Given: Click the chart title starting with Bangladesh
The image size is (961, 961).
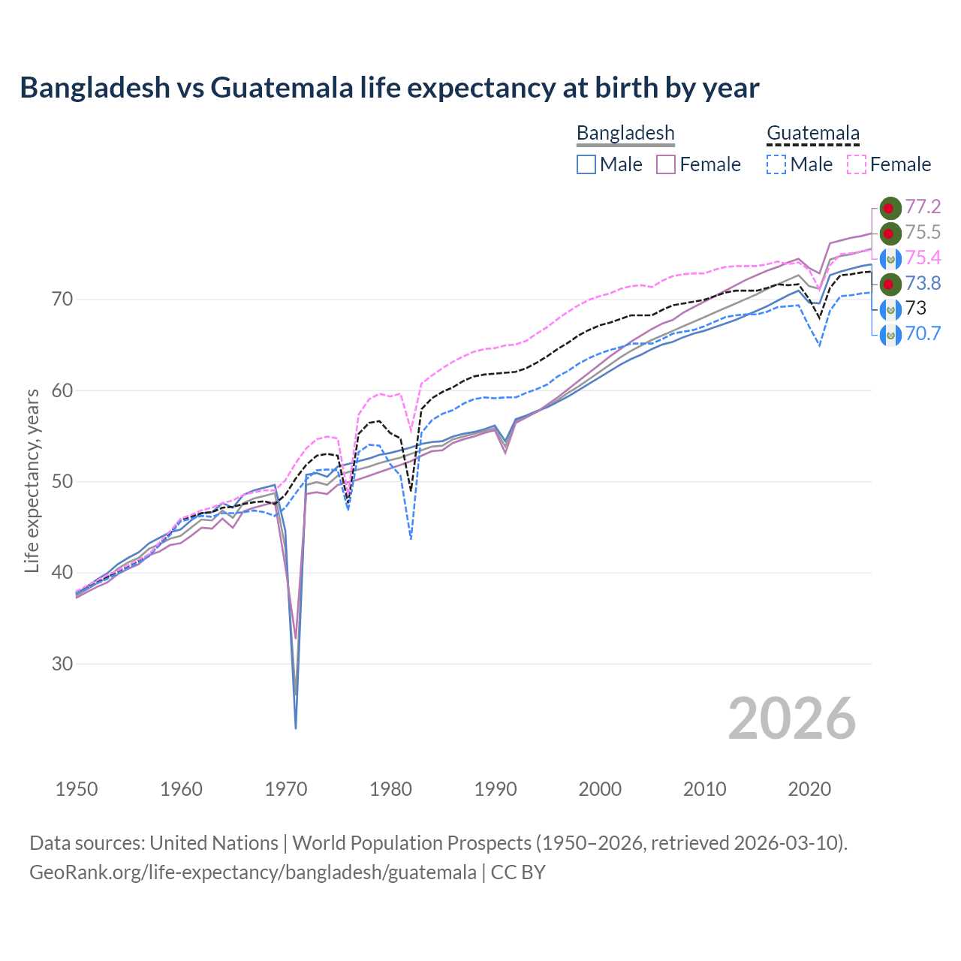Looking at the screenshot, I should point(390,88).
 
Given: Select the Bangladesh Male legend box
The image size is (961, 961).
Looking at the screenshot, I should point(586,164).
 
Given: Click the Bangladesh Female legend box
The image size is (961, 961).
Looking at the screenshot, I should point(667,164).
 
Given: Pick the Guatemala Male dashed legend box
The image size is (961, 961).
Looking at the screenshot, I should point(776,164).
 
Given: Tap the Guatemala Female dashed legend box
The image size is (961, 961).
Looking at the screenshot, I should point(857,164).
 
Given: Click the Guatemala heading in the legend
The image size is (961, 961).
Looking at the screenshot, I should point(812,134).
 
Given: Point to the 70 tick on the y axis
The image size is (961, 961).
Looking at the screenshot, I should point(62,300).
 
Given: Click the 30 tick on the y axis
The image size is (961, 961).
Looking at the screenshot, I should point(62,664).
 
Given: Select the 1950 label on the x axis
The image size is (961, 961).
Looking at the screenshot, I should point(77,789).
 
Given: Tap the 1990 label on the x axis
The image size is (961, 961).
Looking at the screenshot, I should point(496,789).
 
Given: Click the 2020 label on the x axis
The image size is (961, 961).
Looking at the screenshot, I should point(809,789).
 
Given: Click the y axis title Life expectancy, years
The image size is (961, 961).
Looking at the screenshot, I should point(32,480).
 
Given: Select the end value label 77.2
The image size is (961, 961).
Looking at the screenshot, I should point(923,206).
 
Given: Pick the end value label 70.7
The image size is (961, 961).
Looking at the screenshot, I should point(923,333).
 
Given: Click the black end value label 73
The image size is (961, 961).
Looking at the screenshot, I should point(916,308).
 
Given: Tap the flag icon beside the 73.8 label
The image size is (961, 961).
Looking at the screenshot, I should point(890,284).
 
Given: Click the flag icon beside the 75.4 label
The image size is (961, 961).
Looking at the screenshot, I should point(890,258).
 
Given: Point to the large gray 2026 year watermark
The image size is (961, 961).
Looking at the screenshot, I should point(792,719).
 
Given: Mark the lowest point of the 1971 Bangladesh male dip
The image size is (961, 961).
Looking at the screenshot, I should point(296,728).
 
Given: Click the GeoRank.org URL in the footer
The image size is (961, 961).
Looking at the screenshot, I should point(253,872).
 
